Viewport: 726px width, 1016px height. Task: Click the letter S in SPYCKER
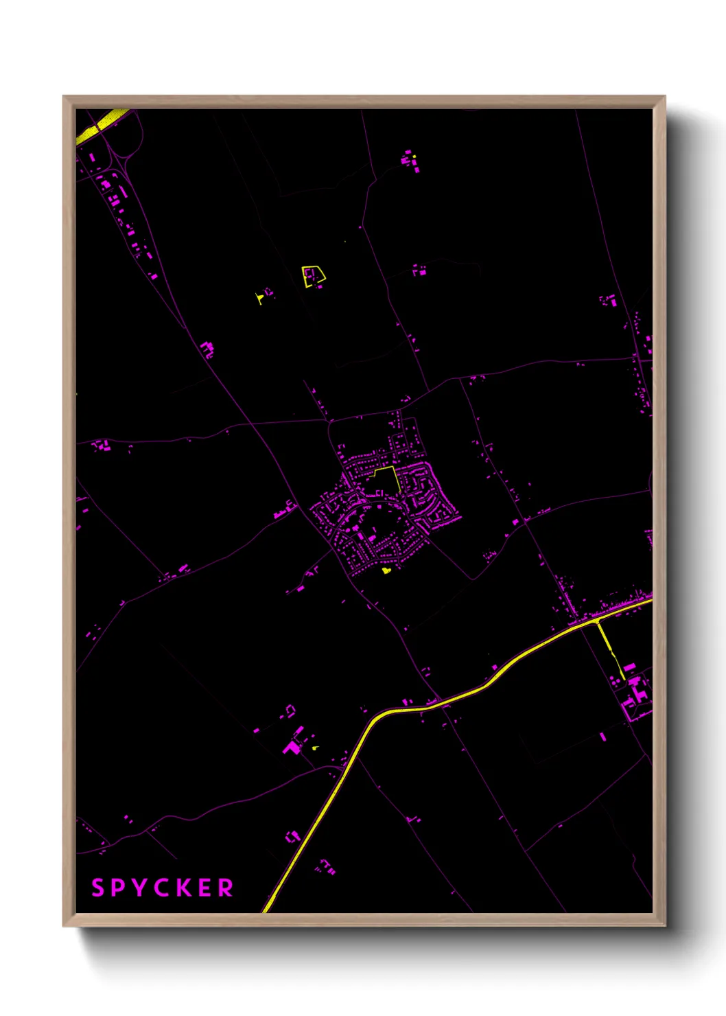pyautogui.click(x=98, y=888)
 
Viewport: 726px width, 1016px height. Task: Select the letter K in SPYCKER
pyautogui.click(x=186, y=888)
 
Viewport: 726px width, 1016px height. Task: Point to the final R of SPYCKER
pyautogui.click(x=226, y=888)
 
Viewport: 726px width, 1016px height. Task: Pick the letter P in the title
pyautogui.click(x=119, y=888)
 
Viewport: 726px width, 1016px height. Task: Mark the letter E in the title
pyautogui.click(x=207, y=888)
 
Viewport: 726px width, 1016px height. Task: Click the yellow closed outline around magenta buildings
pyautogui.click(x=313, y=276)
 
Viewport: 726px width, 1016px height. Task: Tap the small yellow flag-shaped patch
pyautogui.click(x=259, y=298)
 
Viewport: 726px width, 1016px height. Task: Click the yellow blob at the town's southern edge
pyautogui.click(x=386, y=570)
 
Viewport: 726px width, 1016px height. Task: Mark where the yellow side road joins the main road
pyautogui.click(x=598, y=621)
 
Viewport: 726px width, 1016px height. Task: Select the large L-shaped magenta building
pyautogui.click(x=292, y=746)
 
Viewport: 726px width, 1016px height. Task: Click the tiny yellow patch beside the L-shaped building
pyautogui.click(x=315, y=748)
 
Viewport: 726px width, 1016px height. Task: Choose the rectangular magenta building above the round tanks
pyautogui.click(x=629, y=667)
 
